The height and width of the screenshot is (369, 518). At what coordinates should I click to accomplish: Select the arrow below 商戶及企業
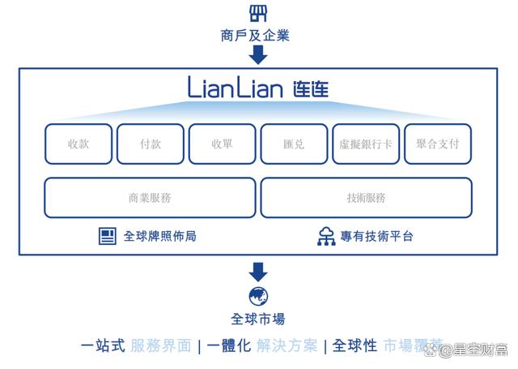(x=258, y=55)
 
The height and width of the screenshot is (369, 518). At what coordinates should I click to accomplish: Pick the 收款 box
(x=78, y=144)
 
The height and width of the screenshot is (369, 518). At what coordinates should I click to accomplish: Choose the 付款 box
(x=150, y=144)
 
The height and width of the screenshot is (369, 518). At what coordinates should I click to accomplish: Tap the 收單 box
(x=222, y=144)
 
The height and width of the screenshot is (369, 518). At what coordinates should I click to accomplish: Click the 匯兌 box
(x=294, y=144)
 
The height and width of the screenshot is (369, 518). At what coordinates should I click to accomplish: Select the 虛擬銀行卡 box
(x=366, y=144)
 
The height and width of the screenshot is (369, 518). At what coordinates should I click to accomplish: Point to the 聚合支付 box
(x=438, y=144)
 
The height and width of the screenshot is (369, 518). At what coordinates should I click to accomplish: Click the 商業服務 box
(x=150, y=198)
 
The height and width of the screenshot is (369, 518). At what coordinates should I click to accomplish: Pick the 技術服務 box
(x=366, y=198)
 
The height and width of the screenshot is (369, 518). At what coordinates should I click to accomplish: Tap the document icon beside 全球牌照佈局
(x=108, y=236)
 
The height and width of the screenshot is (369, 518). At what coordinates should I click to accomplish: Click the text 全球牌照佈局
(x=159, y=236)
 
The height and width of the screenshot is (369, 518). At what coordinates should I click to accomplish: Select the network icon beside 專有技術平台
(x=326, y=236)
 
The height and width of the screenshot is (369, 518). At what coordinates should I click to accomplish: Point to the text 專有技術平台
(x=376, y=236)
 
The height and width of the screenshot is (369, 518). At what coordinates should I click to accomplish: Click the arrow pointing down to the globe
(x=258, y=272)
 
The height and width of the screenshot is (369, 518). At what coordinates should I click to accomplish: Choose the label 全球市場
(x=258, y=319)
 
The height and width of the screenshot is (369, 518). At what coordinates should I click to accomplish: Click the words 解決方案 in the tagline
(x=287, y=345)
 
